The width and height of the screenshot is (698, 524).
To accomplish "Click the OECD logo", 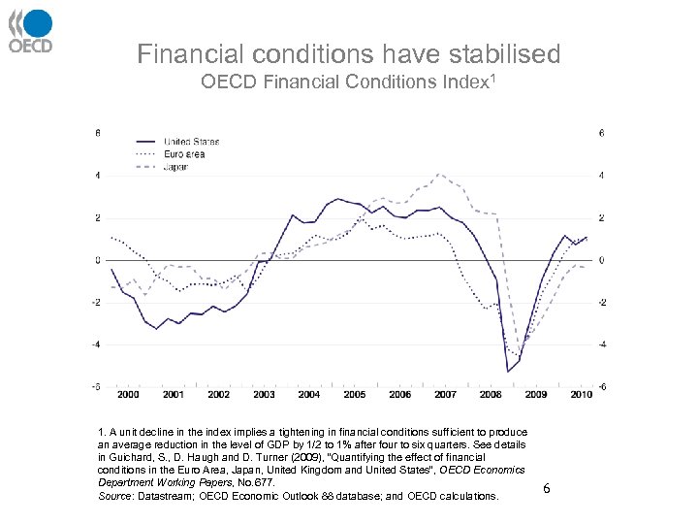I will click(30, 30).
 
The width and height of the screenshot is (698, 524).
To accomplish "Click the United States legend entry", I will click(190, 142).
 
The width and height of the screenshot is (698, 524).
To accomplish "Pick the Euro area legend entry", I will click(183, 154).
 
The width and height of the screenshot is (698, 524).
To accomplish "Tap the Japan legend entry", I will click(175, 167).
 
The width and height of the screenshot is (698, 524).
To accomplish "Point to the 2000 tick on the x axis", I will click(127, 395).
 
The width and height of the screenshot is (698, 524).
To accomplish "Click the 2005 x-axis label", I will click(354, 395).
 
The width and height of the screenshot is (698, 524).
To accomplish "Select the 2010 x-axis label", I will click(581, 395).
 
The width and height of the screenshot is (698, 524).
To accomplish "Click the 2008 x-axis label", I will click(491, 395).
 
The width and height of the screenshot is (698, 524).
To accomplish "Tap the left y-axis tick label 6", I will click(95, 133).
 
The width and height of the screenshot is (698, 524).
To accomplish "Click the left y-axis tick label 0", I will click(95, 260).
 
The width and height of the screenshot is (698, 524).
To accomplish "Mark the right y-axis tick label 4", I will click(603, 176).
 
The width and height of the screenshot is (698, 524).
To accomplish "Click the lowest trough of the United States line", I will click(507, 371).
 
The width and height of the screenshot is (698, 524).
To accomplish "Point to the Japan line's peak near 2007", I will click(439, 174).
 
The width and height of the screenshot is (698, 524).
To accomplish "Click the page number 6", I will click(547, 488).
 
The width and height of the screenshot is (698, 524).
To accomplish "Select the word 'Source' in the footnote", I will click(115, 496).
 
